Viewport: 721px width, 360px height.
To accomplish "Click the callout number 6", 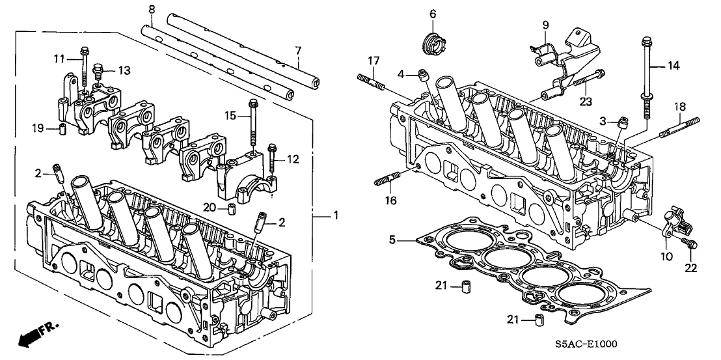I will (x=433, y=13).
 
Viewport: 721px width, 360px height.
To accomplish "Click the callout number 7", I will (x=299, y=50).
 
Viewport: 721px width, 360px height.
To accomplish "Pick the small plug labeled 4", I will (x=425, y=74).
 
